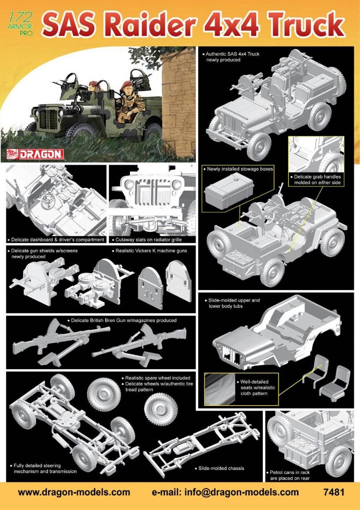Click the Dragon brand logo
point(35,154)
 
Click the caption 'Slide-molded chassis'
point(220,468)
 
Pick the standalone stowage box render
point(229,191)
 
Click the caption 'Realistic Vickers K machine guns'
point(150,251)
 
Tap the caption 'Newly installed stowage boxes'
point(238,169)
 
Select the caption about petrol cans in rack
point(288,475)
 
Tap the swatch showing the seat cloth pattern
point(219,389)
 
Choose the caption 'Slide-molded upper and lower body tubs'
point(232,303)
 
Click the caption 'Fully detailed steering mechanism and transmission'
point(43,468)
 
